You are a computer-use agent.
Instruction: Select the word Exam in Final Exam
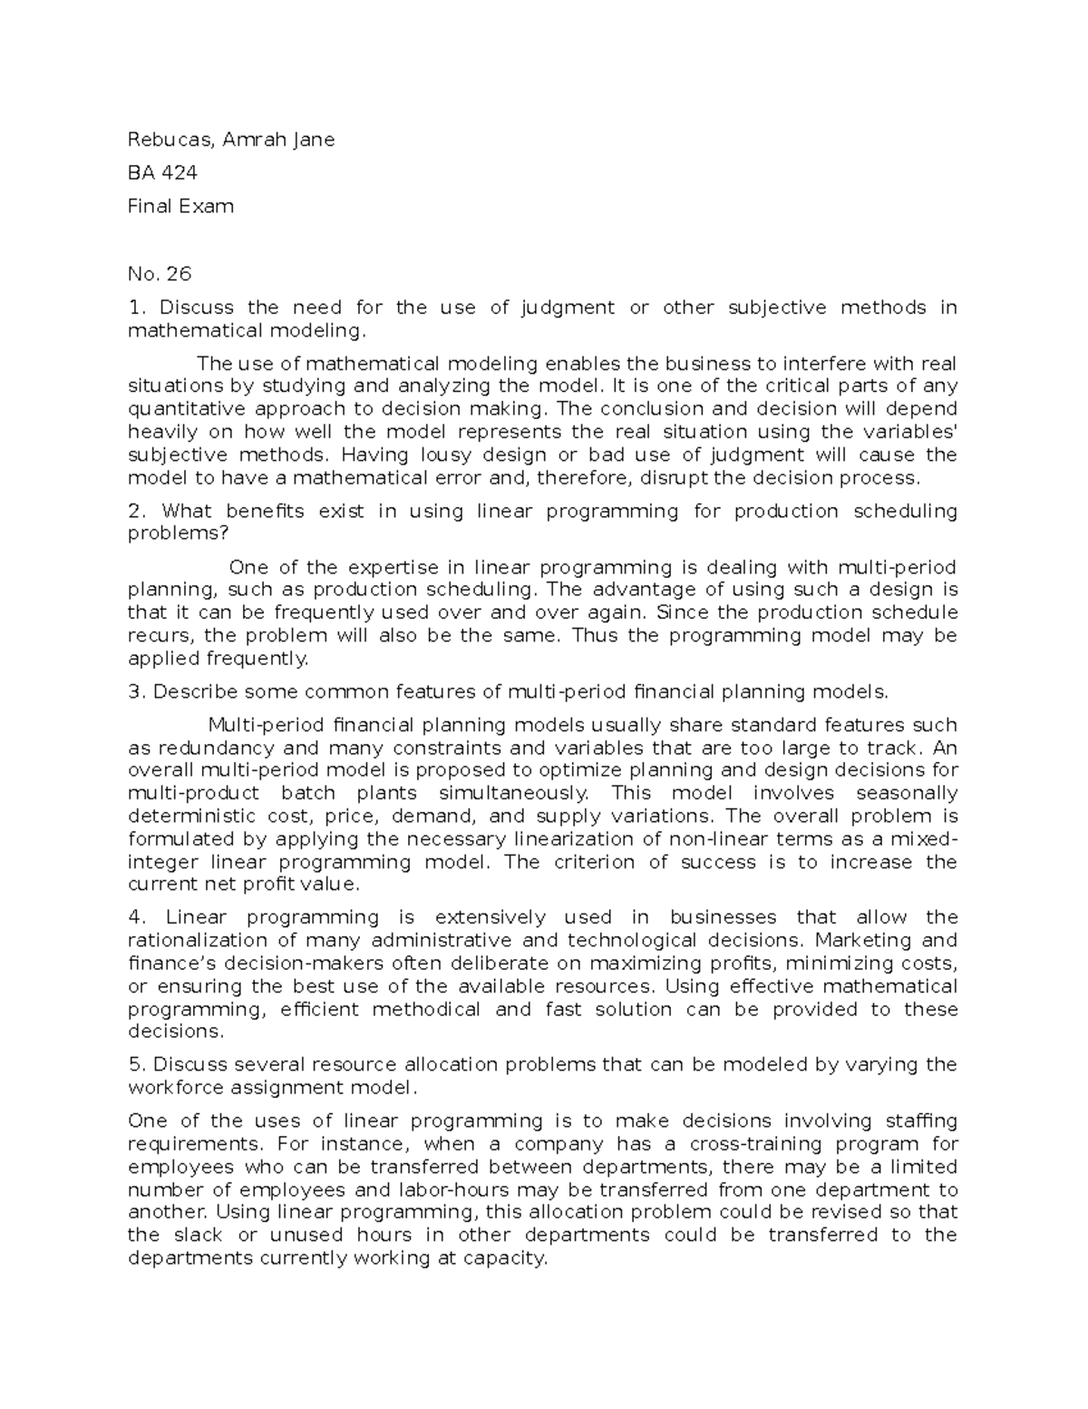(210, 206)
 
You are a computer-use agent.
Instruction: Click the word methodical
(426, 1009)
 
